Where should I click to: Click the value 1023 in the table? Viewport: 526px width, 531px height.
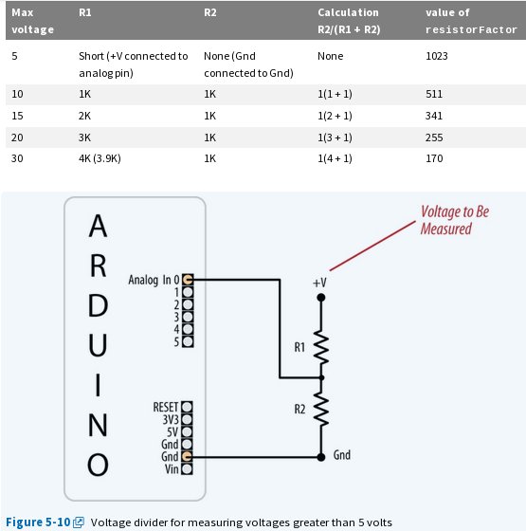[437, 56]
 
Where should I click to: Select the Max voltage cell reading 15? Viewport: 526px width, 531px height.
[16, 115]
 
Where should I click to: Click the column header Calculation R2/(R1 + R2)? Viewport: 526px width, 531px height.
[348, 20]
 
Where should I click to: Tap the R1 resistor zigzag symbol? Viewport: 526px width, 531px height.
[322, 349]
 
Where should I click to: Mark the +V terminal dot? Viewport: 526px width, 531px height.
[322, 298]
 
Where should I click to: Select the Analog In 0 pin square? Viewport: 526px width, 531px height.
[188, 280]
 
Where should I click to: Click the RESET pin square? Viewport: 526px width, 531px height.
[188, 407]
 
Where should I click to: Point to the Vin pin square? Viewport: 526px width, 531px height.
[188, 468]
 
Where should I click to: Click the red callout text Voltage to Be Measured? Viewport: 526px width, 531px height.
[454, 220]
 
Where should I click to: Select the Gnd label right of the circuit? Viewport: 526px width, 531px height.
[342, 455]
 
